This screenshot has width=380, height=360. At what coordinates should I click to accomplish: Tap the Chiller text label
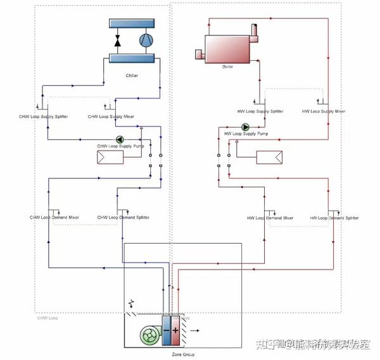pos(132,75)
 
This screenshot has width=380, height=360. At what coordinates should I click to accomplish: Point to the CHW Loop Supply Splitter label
pos(44,116)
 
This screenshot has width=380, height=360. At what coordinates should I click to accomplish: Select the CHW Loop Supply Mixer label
pos(111,116)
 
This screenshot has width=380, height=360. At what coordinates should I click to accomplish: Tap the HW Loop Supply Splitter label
pos(260,111)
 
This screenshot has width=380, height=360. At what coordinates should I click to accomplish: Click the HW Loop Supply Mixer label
pos(324,111)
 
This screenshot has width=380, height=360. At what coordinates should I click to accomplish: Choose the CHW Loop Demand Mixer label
pos(54,218)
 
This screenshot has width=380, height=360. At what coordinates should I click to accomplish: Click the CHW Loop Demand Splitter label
pos(123,218)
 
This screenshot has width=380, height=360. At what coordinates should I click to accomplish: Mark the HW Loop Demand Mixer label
pos(270,218)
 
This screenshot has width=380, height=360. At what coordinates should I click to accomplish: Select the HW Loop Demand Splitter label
pos(334,218)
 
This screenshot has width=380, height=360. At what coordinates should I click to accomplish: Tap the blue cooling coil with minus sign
pos(166,330)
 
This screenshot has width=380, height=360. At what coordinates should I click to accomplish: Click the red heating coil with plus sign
pos(175,330)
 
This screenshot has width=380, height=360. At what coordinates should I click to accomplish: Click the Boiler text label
pos(227,66)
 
